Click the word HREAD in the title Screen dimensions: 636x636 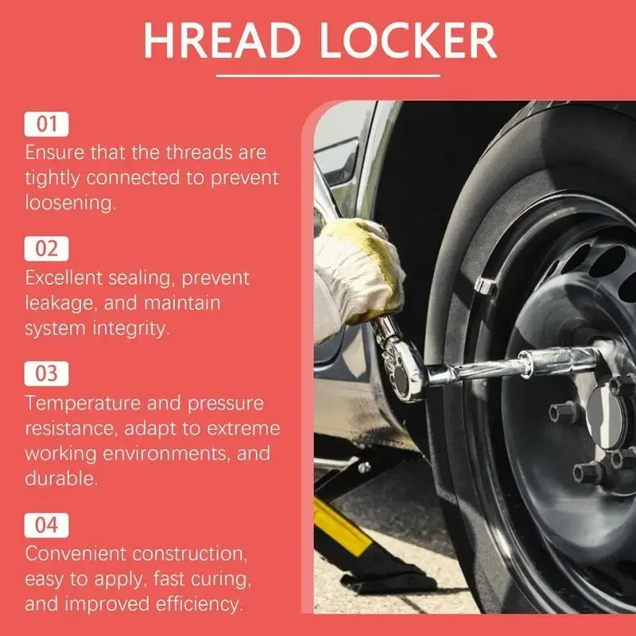coord(223,41)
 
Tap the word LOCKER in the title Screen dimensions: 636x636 coord(408,41)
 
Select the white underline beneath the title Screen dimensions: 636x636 coord(328,76)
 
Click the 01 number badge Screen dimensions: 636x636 coord(46,124)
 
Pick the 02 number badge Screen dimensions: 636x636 coord(46,249)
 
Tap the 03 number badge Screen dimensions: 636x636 coord(46,374)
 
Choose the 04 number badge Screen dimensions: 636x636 coord(46,525)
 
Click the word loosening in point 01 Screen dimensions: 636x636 coord(69,203)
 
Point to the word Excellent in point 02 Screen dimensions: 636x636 coord(64,278)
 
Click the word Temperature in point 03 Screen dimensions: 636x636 coord(83,404)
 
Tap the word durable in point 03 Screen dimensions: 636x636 coord(60,479)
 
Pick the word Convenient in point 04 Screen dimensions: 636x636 coord(76,553)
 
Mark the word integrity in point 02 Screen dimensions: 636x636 coord(128,329)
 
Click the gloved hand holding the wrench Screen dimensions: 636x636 coord(359,276)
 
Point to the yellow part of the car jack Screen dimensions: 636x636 coord(342,527)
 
